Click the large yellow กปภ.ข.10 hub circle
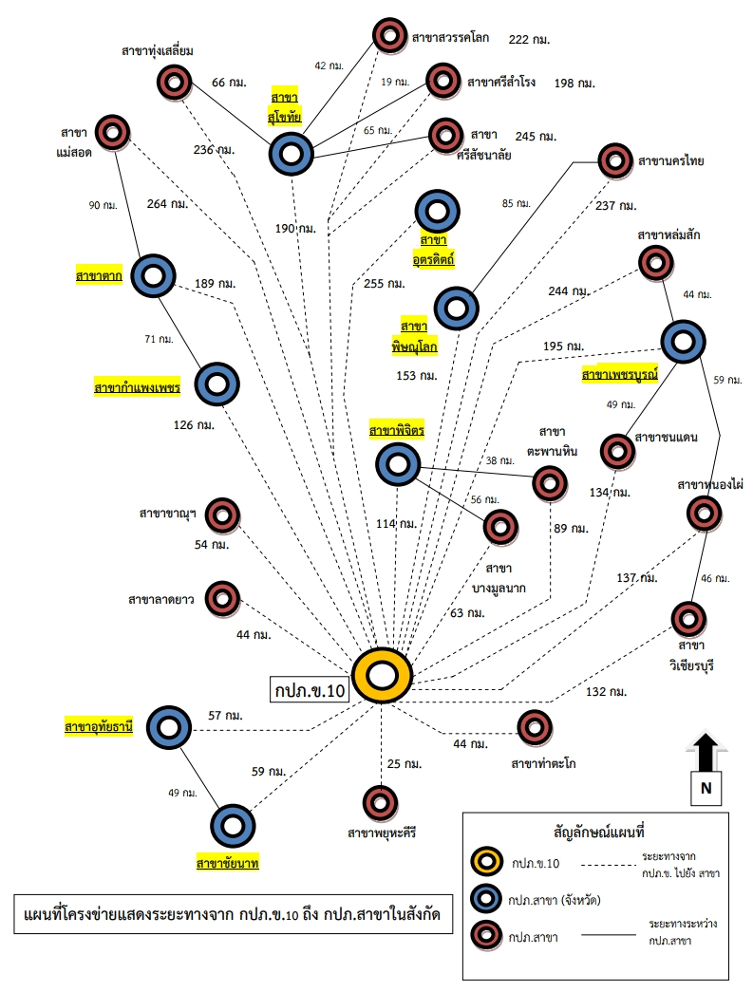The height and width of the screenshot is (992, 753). coord(382,676)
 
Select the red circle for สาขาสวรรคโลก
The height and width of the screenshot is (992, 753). coord(388,36)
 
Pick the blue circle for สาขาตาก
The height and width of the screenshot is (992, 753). coord(153,274)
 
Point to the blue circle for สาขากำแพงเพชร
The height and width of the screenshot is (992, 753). coord(217,384)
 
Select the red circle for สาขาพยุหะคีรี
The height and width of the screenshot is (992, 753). coord(381,802)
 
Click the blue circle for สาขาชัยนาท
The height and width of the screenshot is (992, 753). coord(234,825)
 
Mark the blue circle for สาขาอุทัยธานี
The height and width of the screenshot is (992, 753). coord(169,728)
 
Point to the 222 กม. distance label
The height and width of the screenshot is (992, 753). coord(530,39)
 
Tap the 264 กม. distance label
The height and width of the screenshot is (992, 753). coord(168,203)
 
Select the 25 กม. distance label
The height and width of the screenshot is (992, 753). coord(404,763)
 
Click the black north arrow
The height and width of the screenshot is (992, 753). coord(705,752)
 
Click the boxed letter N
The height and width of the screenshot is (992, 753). coord(706,787)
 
